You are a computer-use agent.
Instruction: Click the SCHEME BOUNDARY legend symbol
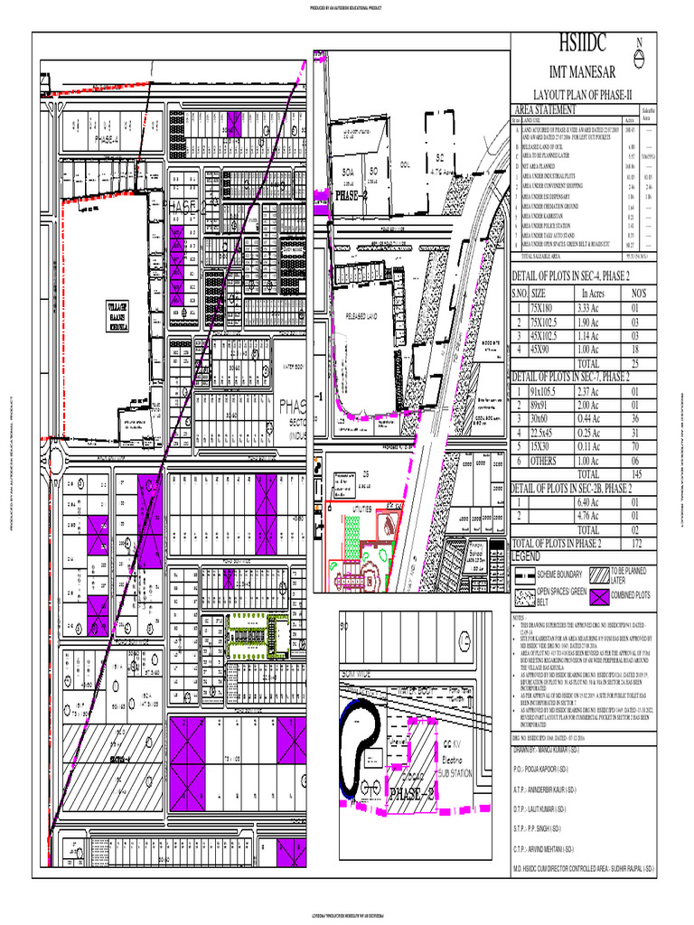point(522,575)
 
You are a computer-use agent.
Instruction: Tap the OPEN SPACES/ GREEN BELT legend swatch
point(522,595)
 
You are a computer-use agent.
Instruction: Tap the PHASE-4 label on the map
point(108,140)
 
